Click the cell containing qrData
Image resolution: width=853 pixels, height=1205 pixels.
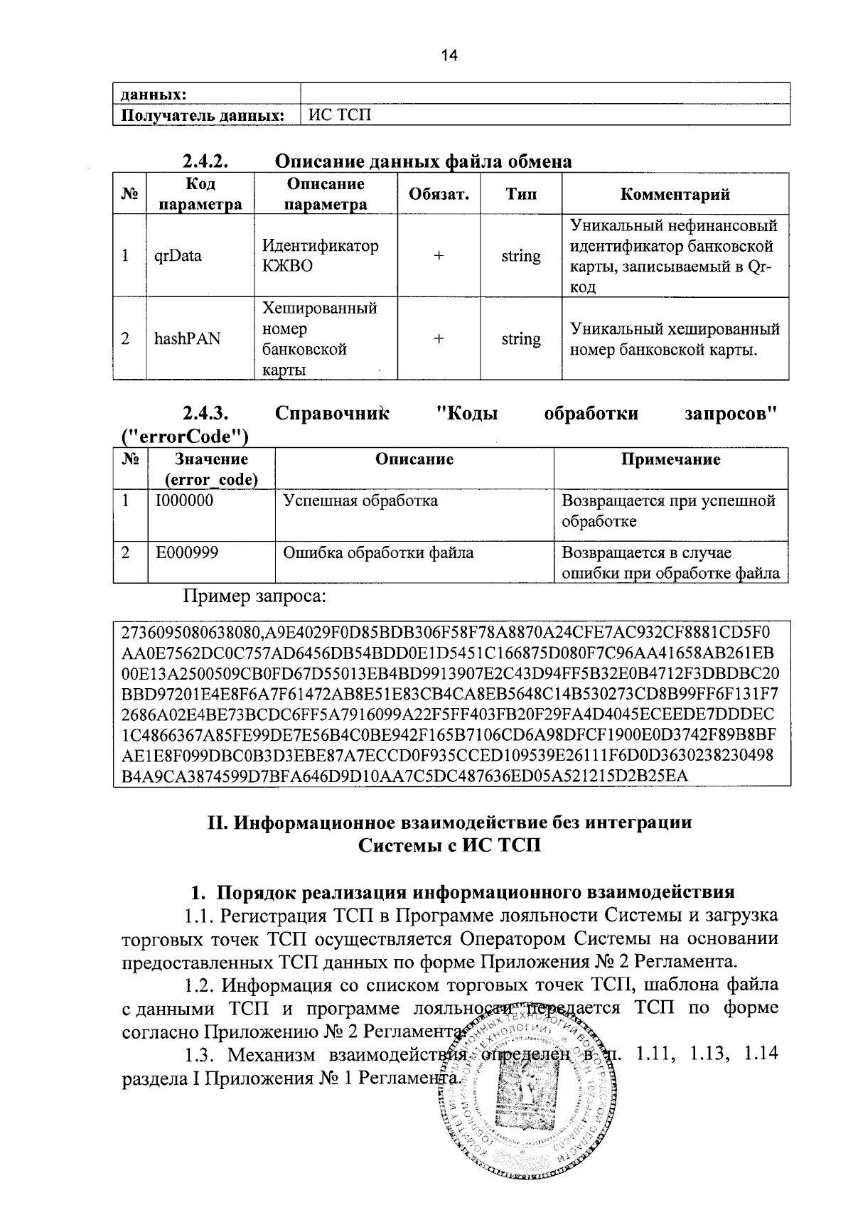(178, 256)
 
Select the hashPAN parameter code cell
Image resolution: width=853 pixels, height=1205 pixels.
(187, 339)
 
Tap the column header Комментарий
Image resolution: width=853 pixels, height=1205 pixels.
(675, 194)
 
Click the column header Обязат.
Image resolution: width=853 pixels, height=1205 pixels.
(439, 194)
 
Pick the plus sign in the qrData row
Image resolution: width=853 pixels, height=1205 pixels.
(439, 256)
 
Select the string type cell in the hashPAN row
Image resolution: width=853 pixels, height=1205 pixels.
(520, 339)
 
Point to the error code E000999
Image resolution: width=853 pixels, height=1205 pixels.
(187, 552)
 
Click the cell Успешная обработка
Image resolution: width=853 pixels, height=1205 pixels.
(360, 500)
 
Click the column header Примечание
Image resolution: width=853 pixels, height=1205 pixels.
(670, 459)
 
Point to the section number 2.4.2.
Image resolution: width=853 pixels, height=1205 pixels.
(205, 161)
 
